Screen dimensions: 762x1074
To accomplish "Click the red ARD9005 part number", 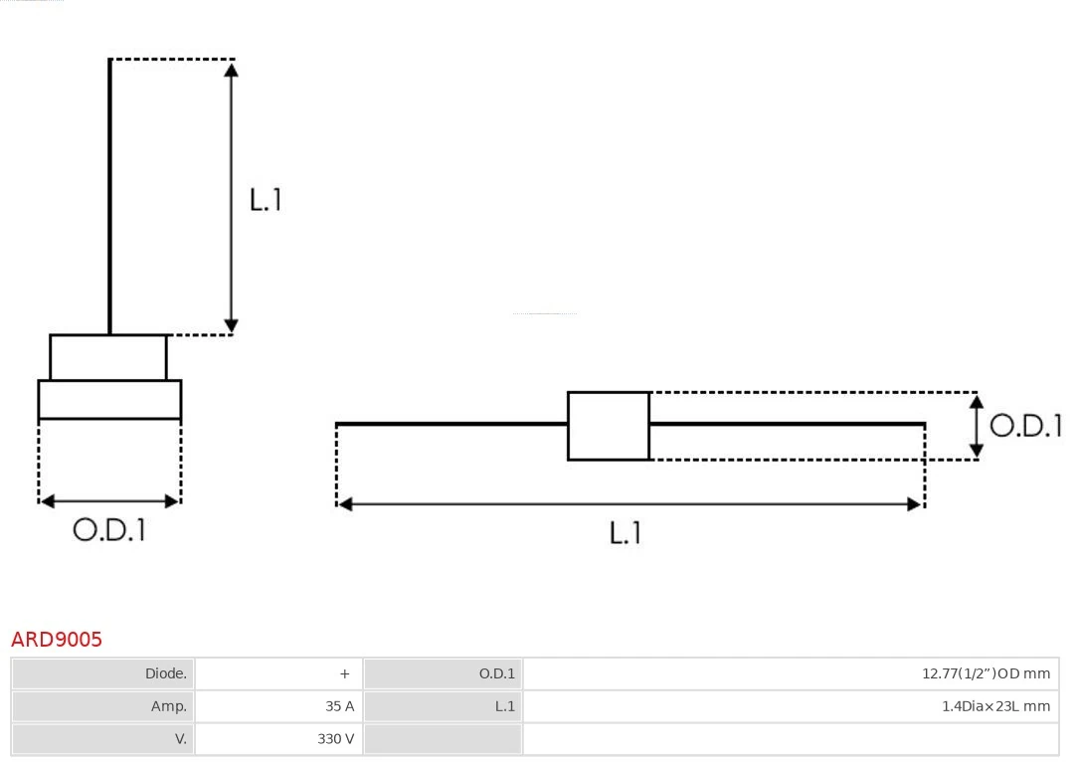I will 57,640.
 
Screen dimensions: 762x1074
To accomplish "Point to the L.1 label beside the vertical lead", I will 266,200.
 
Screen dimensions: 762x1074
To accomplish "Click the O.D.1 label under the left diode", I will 109,531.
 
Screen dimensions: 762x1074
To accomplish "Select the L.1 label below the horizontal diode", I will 626,533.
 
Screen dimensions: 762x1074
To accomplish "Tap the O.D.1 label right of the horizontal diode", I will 1025,426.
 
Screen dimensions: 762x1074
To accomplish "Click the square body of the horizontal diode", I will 609,426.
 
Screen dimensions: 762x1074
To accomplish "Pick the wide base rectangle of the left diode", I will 109,399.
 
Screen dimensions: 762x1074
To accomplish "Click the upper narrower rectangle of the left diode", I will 108,357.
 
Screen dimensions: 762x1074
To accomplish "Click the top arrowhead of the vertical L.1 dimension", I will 231,69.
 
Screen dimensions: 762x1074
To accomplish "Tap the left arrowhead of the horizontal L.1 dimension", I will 345,504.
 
